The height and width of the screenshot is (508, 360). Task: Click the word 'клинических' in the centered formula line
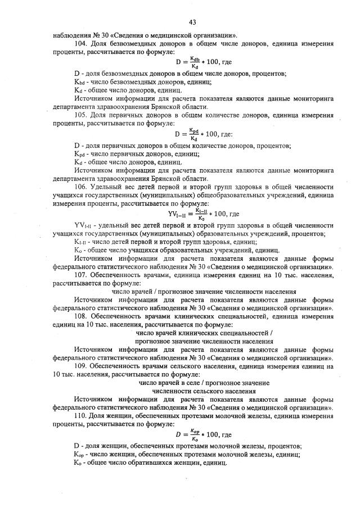(x=195, y=333)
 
